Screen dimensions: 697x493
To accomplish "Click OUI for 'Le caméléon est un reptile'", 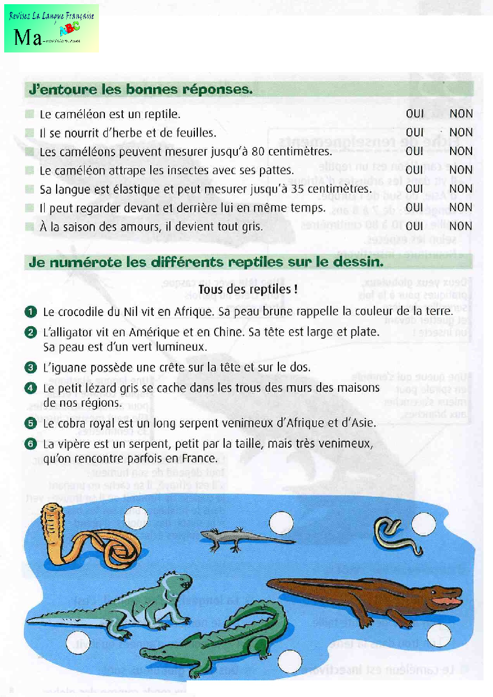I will [414, 113].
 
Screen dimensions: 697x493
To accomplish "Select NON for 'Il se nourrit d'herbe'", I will [461, 132].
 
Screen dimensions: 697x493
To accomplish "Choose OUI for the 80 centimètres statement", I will [414, 151].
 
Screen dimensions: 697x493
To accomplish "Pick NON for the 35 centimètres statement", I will [461, 188].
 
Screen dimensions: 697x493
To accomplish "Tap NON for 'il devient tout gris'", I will [461, 226].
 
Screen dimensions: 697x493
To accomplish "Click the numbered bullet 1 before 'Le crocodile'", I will [32, 311].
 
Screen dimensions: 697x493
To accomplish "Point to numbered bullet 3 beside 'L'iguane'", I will [32, 367].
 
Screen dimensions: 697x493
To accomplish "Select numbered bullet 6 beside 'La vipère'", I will [32, 444].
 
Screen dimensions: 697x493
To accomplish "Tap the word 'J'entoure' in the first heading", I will [57, 90].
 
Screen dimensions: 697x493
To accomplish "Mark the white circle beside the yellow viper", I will [426, 523].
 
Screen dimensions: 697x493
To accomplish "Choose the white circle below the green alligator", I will [291, 660].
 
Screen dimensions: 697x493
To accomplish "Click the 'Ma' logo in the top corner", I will [29, 38].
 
